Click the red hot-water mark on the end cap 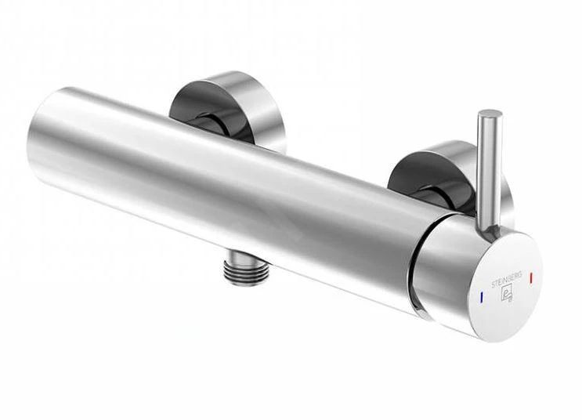point(532,277)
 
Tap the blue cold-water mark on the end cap point(482,297)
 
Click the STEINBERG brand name point(507,280)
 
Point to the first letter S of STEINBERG point(493,285)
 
